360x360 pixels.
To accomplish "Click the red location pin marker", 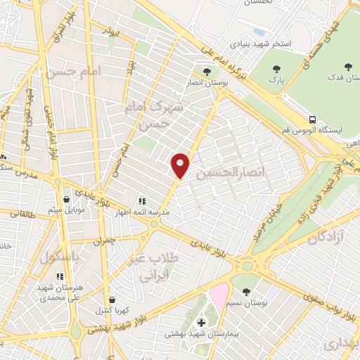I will (181, 165).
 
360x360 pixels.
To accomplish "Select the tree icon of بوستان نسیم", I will (245, 290).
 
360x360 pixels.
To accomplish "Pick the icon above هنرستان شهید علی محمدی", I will (60, 276).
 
